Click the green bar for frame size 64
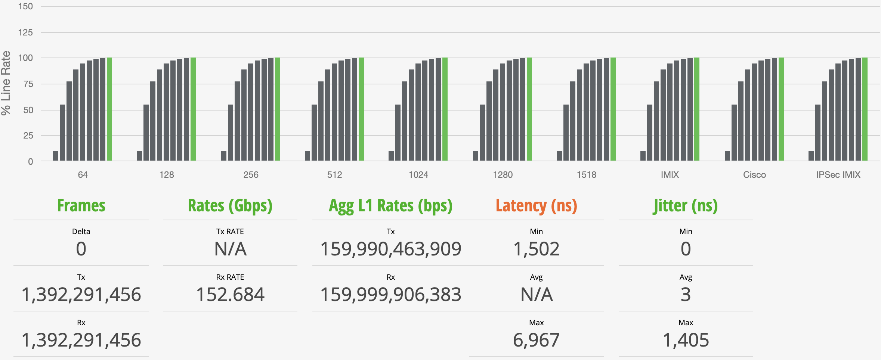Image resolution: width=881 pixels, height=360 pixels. (x=109, y=109)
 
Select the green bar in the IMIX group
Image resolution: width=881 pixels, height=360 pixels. (x=697, y=109)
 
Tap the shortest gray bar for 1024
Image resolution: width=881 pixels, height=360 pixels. (x=391, y=156)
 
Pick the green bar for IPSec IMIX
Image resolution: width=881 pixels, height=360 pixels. (x=865, y=109)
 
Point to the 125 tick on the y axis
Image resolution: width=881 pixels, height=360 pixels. (x=25, y=32)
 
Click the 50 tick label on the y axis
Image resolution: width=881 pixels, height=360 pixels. (x=28, y=110)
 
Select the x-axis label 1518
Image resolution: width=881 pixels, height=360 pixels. (x=586, y=175)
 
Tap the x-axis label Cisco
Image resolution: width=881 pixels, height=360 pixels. (x=754, y=175)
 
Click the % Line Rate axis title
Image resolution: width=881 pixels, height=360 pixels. (x=6, y=83)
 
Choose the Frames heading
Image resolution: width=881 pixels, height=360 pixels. (x=81, y=206)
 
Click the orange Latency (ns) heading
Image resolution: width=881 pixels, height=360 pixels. (x=536, y=206)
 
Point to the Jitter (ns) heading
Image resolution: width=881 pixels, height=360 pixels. (x=686, y=206)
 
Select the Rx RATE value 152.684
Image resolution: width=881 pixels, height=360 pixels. (x=230, y=295)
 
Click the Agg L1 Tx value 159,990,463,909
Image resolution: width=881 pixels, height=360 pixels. (x=391, y=249)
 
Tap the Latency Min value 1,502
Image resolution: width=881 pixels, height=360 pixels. (x=536, y=249)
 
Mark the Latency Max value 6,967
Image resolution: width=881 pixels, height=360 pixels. (x=536, y=340)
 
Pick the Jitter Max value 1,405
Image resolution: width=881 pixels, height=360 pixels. (x=686, y=340)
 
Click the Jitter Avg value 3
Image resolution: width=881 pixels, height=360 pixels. (x=686, y=295)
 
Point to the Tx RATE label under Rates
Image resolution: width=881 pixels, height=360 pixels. (x=230, y=232)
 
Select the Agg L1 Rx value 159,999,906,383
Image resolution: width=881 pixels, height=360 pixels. (x=391, y=295)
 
